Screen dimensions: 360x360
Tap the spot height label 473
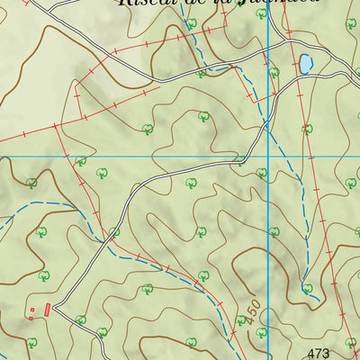tap(319, 353)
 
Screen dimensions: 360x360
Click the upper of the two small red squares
tap(34, 310)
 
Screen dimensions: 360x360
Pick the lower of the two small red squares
tap(29, 317)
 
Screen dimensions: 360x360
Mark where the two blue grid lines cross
tap(269, 157)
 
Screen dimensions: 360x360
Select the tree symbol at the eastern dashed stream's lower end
tap(308, 289)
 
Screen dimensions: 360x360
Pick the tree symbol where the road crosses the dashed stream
tap(114, 232)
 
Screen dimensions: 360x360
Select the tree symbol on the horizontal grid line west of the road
tap(81, 162)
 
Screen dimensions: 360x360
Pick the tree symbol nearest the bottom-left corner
tap(31, 342)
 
